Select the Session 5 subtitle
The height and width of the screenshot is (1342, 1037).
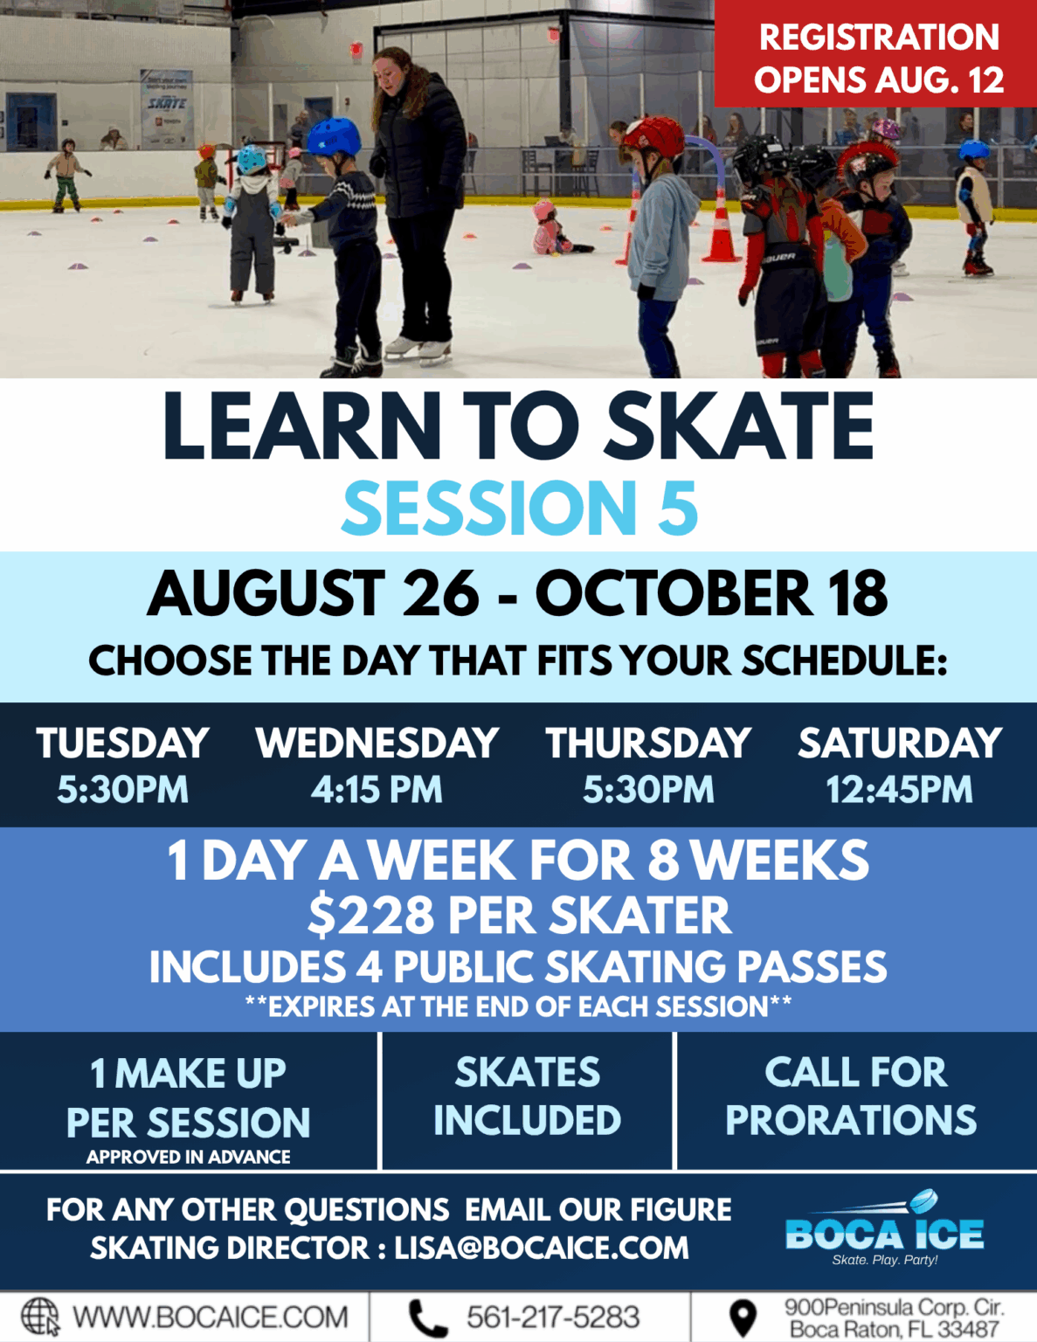(x=519, y=508)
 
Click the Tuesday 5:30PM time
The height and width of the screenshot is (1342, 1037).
(x=122, y=790)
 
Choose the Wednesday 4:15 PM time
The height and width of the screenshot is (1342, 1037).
(x=377, y=790)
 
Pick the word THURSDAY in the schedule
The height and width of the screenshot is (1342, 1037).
(x=647, y=744)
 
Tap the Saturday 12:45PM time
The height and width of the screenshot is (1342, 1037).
(x=899, y=790)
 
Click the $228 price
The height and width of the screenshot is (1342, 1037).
(x=370, y=916)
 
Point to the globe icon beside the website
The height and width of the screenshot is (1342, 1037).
(x=40, y=1316)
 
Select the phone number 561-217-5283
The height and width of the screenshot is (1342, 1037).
(x=552, y=1317)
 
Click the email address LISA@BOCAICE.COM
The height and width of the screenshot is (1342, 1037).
(x=542, y=1248)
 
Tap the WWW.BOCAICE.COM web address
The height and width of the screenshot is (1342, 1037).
(x=210, y=1317)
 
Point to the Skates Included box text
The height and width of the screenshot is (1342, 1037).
(x=527, y=1096)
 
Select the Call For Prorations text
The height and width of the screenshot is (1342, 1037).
(x=852, y=1096)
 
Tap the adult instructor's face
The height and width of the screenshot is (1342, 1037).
(x=391, y=70)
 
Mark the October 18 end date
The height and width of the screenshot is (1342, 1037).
(x=711, y=594)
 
